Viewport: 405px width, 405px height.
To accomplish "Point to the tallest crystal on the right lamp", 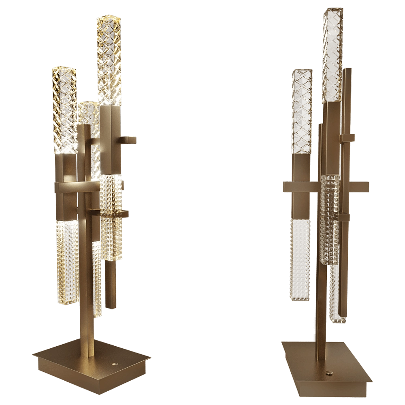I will (332, 53).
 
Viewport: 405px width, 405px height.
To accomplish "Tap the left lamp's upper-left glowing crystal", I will (64, 109).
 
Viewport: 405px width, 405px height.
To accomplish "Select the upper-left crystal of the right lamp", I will (302, 111).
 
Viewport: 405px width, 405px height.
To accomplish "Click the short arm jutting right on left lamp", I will (130, 141).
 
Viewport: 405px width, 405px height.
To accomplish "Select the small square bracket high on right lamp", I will (349, 138).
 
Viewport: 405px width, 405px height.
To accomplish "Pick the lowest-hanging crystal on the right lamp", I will (335, 292).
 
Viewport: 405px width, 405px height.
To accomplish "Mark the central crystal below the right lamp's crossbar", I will (329, 219).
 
